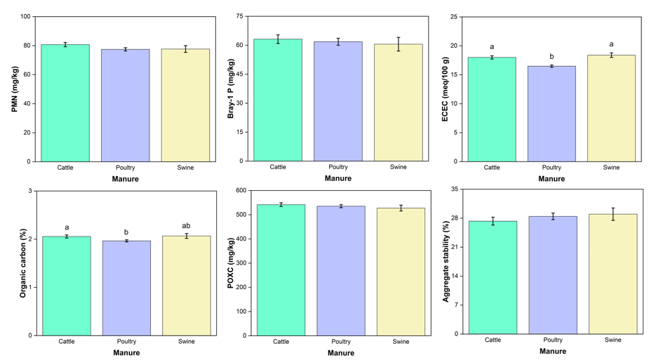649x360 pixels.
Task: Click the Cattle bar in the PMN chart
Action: point(65,103)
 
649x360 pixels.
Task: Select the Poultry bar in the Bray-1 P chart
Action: point(338,102)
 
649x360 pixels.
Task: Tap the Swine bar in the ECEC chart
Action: point(611,108)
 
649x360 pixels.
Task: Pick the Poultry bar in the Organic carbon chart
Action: point(126,288)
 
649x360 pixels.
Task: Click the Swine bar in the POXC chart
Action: point(401,272)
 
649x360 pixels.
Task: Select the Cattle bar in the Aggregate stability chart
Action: point(493,277)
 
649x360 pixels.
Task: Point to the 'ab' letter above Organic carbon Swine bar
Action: point(187,225)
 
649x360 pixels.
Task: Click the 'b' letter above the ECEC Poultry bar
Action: point(551,57)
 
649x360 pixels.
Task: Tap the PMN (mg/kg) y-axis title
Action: point(15,88)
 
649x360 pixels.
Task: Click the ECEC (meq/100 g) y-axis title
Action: point(444,88)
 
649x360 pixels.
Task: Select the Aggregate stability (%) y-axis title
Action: point(446,262)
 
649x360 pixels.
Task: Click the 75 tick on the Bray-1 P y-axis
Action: point(240,16)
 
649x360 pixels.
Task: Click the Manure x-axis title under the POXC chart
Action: point(341,352)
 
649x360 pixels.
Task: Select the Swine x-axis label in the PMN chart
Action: point(185,168)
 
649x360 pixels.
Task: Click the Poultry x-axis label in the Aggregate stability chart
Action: point(553,340)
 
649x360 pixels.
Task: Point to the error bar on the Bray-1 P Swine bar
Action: point(399,44)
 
